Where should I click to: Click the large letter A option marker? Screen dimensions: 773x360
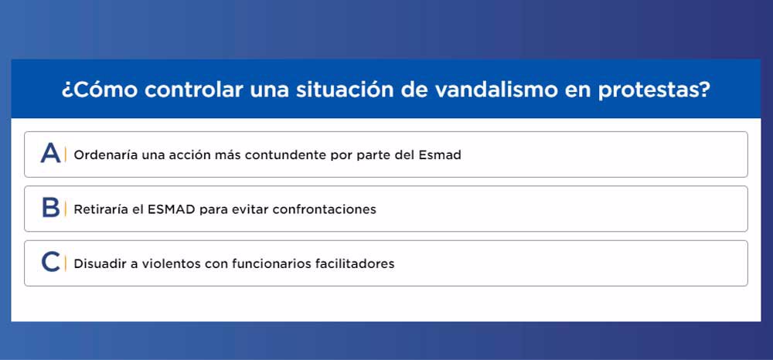click(51, 153)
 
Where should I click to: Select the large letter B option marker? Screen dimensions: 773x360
click(51, 208)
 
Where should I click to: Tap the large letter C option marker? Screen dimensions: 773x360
click(51, 262)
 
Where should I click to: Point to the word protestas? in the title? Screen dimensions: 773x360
click(655, 91)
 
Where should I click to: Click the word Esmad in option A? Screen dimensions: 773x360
click(440, 155)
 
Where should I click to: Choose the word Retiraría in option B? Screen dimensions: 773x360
click(101, 209)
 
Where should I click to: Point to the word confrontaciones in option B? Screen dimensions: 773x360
click(325, 210)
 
